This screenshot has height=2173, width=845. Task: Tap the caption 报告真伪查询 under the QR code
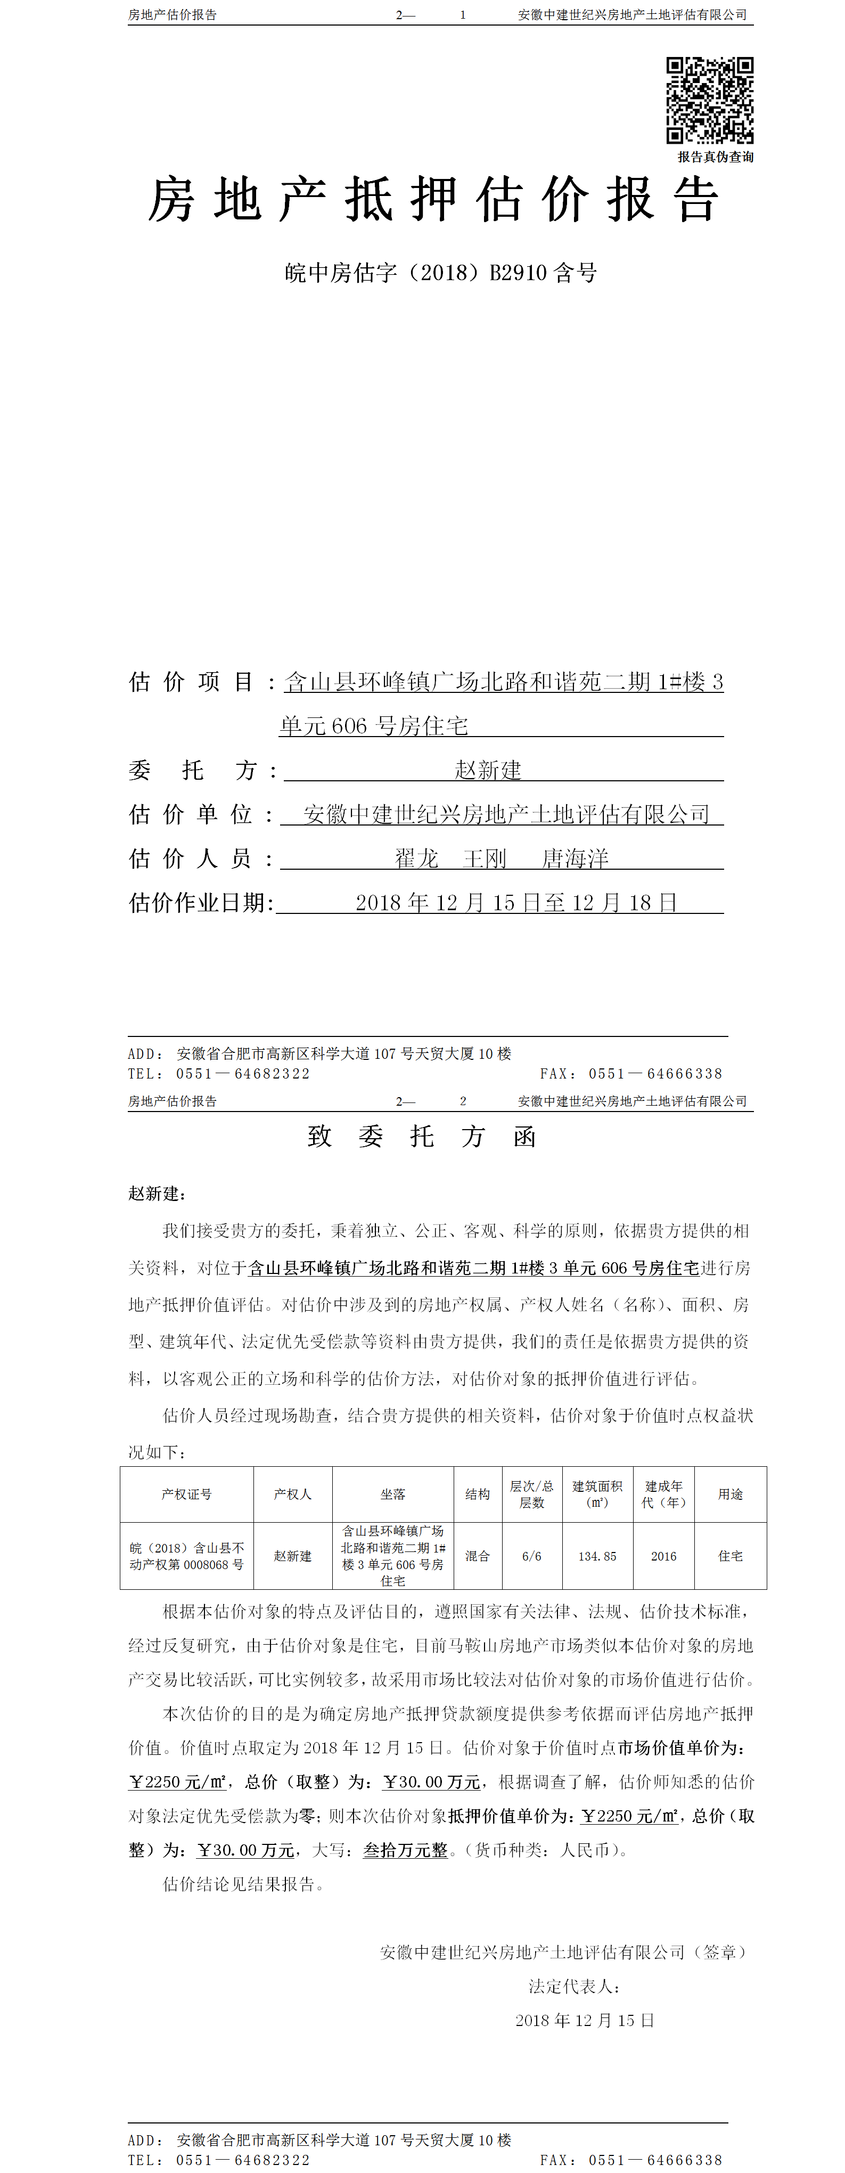(x=715, y=157)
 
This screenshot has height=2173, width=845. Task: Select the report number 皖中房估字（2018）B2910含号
(x=440, y=273)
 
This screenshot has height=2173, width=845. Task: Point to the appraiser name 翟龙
(x=416, y=858)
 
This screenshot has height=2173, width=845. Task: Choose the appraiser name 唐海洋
(x=575, y=858)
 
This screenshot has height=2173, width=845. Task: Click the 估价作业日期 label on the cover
(x=201, y=903)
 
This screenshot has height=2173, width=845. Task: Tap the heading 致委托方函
(x=422, y=1136)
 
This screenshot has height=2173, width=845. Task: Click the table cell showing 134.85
(x=597, y=1556)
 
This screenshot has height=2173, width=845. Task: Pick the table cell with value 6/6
(x=531, y=1556)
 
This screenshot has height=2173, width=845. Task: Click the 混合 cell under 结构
(x=477, y=1556)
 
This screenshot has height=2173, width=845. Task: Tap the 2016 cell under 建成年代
(x=663, y=1556)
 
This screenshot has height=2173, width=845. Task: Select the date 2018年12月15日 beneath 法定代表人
(x=585, y=2020)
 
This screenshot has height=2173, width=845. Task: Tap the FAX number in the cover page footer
(x=655, y=1074)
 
